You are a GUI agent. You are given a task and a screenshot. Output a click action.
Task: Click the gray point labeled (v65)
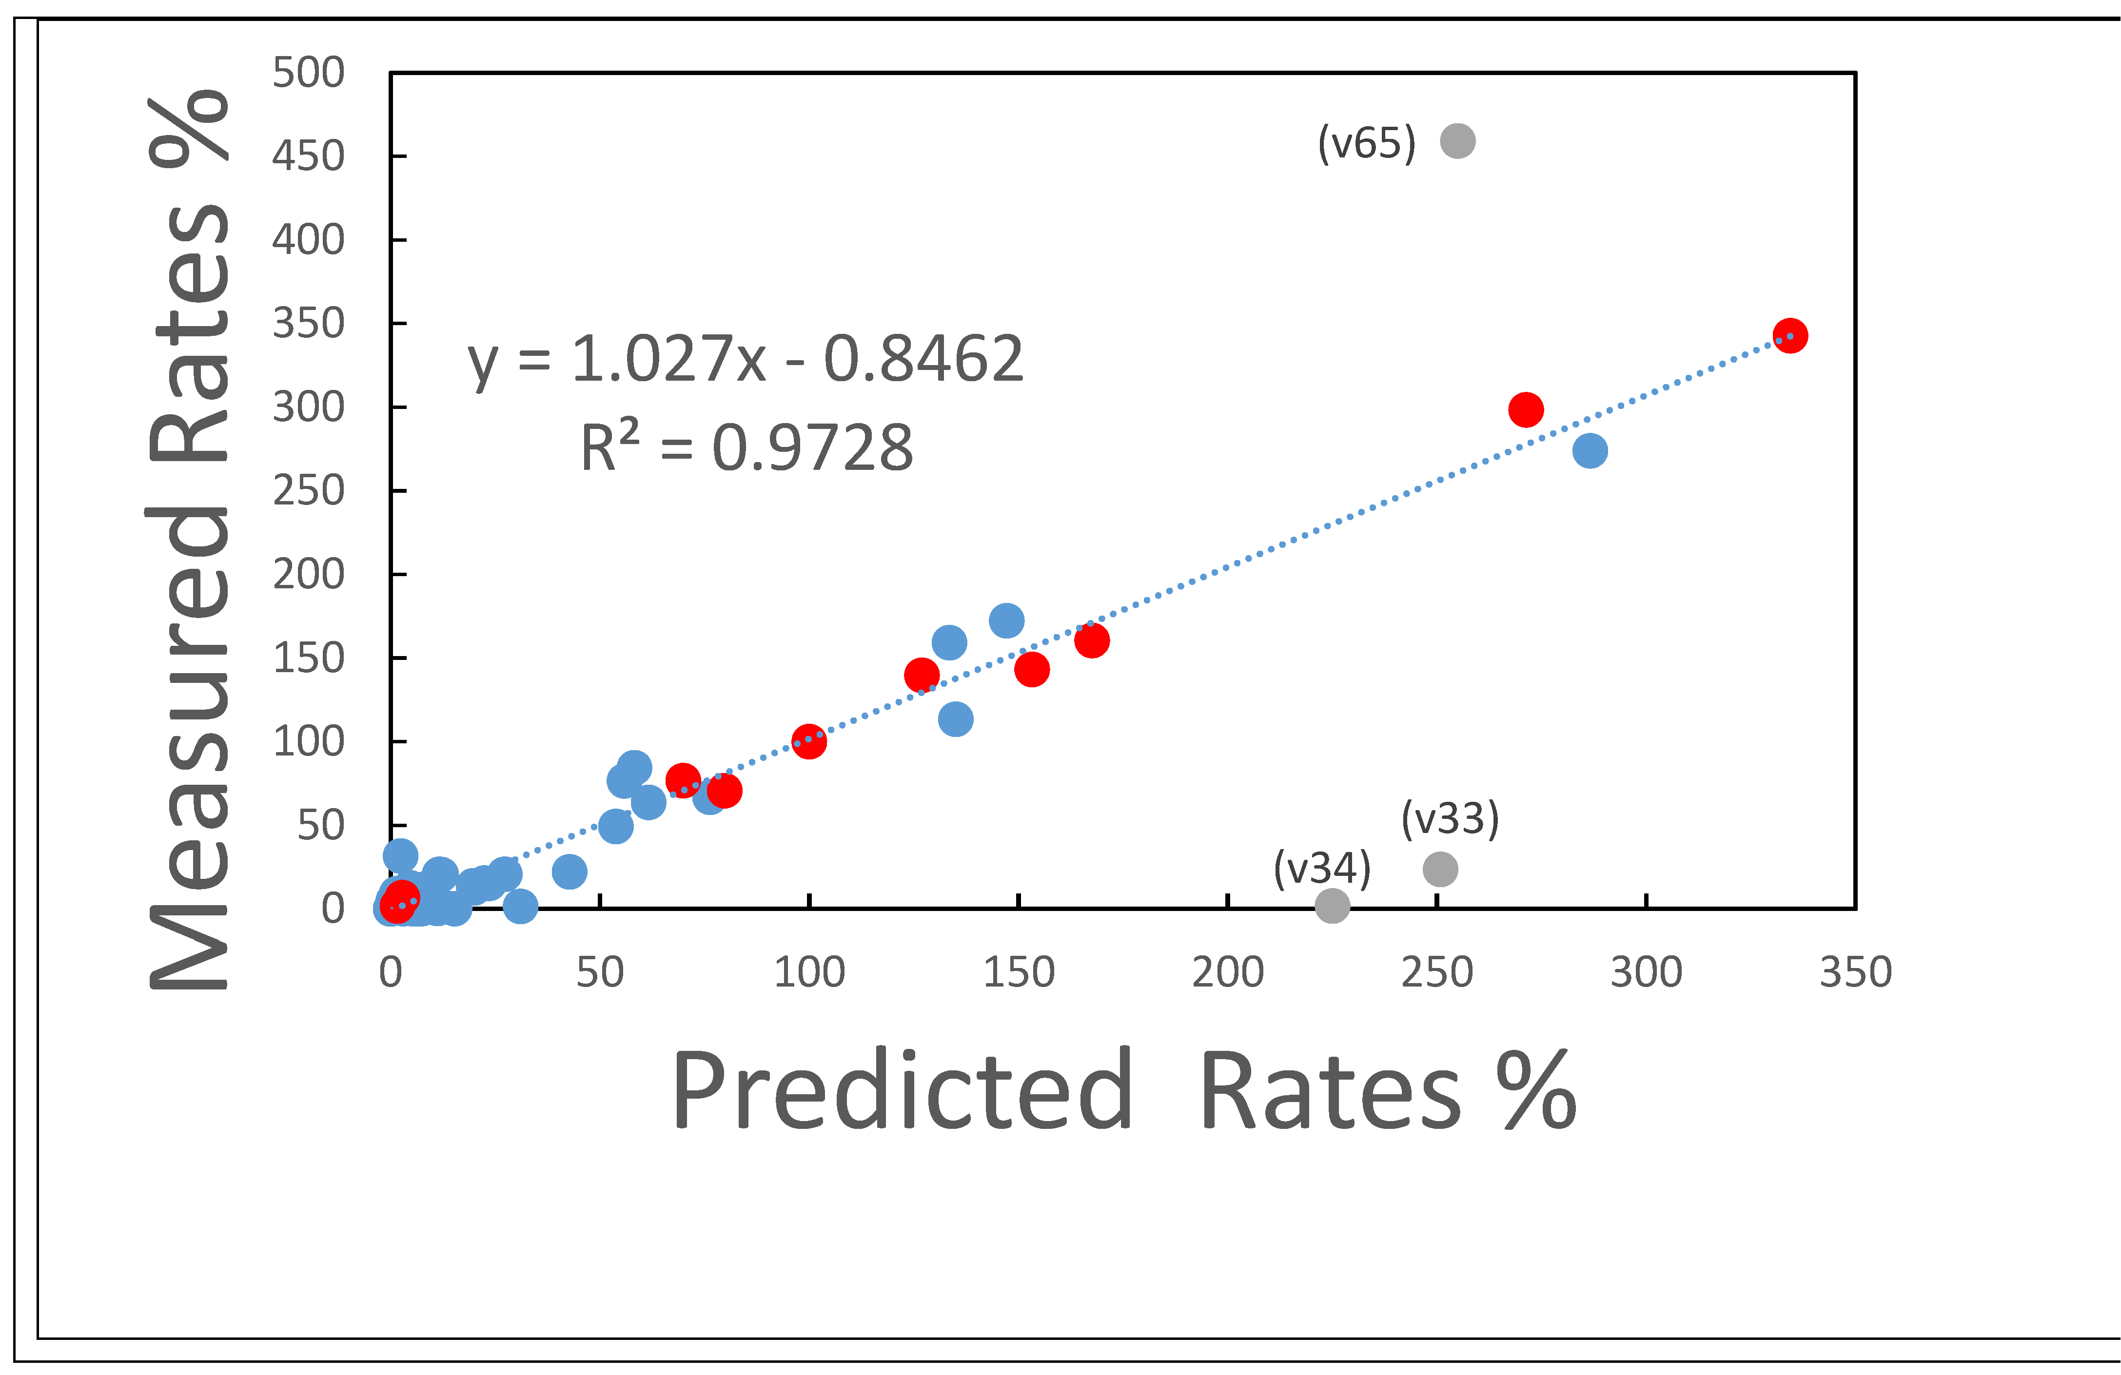pyautogui.click(x=1457, y=141)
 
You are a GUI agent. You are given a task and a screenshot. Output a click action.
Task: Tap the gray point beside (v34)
pyautogui.click(x=1332, y=906)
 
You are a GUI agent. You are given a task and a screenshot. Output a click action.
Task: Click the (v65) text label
pyautogui.click(x=1366, y=143)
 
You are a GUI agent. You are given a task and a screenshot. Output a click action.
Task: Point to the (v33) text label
pyautogui.click(x=1450, y=818)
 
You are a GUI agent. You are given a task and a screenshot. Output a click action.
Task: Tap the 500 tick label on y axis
pyautogui.click(x=308, y=72)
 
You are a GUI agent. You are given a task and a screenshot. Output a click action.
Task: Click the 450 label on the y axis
pyautogui.click(x=308, y=156)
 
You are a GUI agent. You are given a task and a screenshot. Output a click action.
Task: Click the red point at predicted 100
pyautogui.click(x=808, y=740)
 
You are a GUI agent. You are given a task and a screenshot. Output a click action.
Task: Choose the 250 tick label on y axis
pyautogui.click(x=308, y=490)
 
